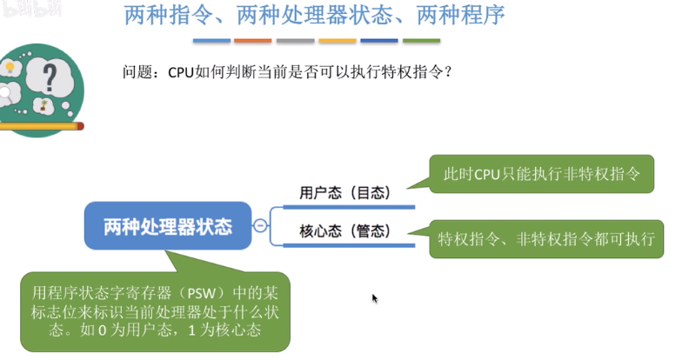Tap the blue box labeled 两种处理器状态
click(168, 227)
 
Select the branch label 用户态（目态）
click(344, 193)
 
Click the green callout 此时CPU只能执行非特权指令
click(542, 174)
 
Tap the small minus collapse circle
click(259, 226)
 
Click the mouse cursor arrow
click(375, 298)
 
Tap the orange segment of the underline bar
click(252, 41)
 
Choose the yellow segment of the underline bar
click(338, 41)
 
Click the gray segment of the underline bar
click(295, 41)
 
